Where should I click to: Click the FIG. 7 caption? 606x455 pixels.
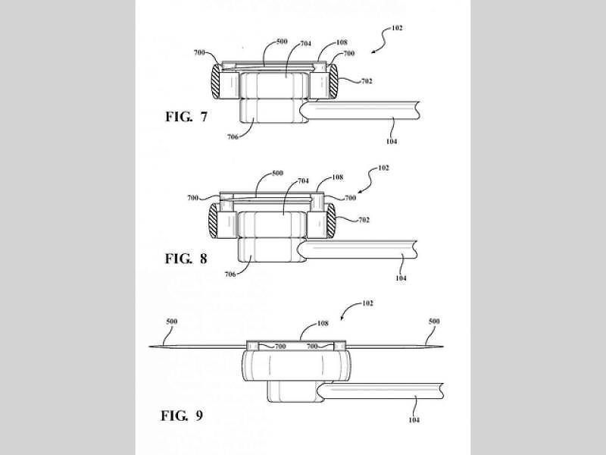click(x=186, y=117)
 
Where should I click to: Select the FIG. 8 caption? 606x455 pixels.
click(x=186, y=259)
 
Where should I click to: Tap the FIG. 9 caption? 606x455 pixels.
click(x=182, y=416)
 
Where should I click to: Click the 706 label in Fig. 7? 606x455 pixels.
click(x=233, y=136)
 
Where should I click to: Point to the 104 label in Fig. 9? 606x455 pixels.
click(x=414, y=420)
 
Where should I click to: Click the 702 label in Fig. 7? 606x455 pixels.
click(x=367, y=81)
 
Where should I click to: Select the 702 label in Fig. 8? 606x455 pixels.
click(x=364, y=220)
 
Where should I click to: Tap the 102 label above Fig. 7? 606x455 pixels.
click(x=397, y=28)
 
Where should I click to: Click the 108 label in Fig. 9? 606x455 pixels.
click(x=323, y=323)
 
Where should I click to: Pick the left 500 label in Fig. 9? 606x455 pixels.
click(x=172, y=321)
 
